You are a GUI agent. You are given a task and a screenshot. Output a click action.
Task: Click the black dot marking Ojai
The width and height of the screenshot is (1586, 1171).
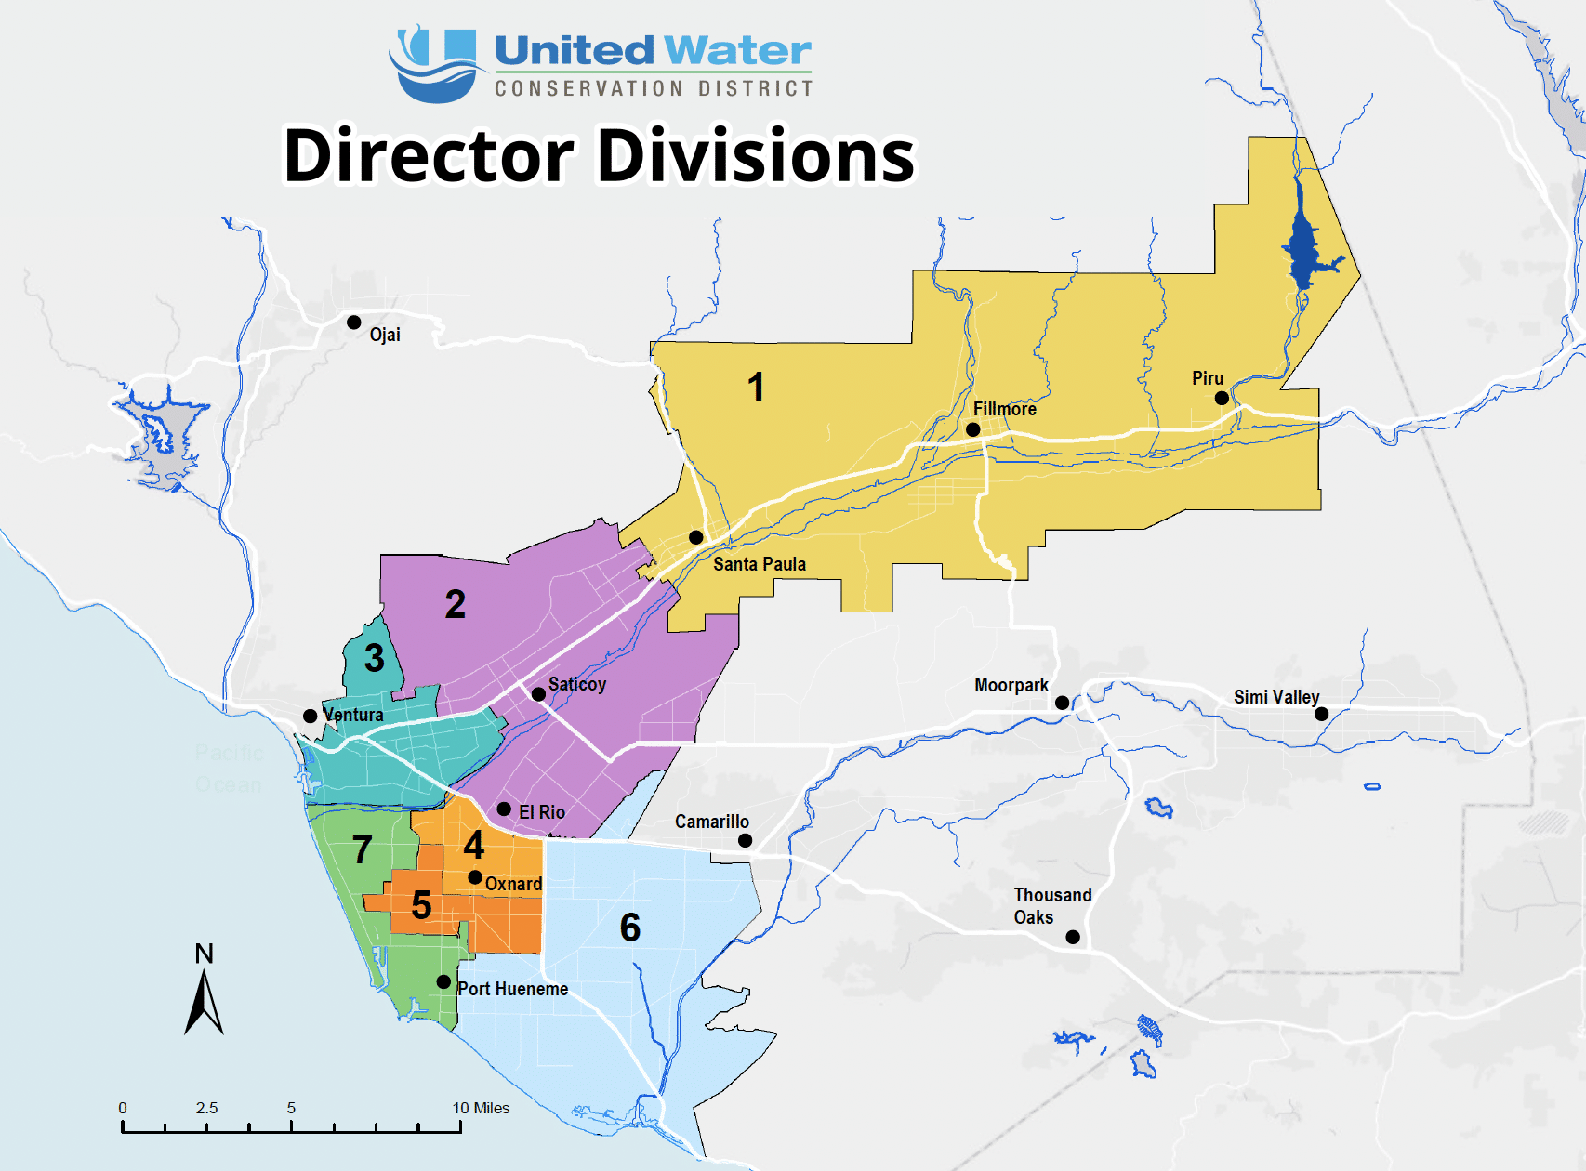point(354,322)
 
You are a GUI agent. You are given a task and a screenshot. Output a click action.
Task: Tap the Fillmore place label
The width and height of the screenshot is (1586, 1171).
point(1004,409)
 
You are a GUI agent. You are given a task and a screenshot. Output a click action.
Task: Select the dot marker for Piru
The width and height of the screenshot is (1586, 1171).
point(1222,398)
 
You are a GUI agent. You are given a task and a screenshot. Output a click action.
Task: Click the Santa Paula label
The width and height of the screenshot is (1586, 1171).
point(759,564)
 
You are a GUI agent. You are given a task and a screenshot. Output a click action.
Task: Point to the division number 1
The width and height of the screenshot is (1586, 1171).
point(756,387)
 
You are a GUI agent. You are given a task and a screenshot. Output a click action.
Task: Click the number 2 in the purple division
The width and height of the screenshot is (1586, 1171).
point(455,605)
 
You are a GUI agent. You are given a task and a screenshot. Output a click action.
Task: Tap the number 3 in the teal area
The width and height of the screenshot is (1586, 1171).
point(374,658)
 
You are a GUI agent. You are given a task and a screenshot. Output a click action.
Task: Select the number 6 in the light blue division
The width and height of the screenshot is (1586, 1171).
point(629,928)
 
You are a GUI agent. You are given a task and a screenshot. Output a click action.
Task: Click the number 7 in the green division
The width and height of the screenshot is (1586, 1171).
point(363,849)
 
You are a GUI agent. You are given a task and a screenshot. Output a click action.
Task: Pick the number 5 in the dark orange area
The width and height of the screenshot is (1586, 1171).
point(421,905)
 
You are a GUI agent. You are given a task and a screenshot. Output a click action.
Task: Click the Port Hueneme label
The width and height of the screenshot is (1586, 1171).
point(512,989)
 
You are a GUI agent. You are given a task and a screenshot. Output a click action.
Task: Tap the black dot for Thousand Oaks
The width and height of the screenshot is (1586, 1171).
point(1073,937)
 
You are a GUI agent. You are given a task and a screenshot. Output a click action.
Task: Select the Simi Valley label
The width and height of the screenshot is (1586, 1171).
point(1275,697)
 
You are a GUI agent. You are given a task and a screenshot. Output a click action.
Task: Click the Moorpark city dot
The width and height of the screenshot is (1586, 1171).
point(1062,703)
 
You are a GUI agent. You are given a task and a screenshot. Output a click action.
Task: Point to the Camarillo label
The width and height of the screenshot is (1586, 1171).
point(711,822)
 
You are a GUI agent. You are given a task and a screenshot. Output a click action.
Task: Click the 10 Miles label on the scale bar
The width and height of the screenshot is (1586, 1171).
point(481,1108)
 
